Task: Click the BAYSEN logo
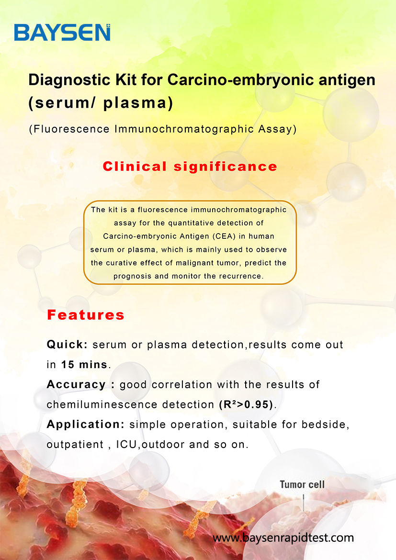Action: [x=62, y=33]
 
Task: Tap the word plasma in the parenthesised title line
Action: [x=135, y=103]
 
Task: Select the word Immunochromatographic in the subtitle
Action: [x=184, y=129]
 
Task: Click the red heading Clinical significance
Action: [x=190, y=167]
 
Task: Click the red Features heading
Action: [x=86, y=315]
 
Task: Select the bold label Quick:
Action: [x=67, y=345]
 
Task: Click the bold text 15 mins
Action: [x=84, y=365]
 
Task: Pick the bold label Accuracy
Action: [x=76, y=385]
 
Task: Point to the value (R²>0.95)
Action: [x=246, y=404]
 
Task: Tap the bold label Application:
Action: [x=86, y=425]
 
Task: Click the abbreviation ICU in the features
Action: [x=126, y=445]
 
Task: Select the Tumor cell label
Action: [x=302, y=485]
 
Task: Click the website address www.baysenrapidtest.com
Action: [x=283, y=538]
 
